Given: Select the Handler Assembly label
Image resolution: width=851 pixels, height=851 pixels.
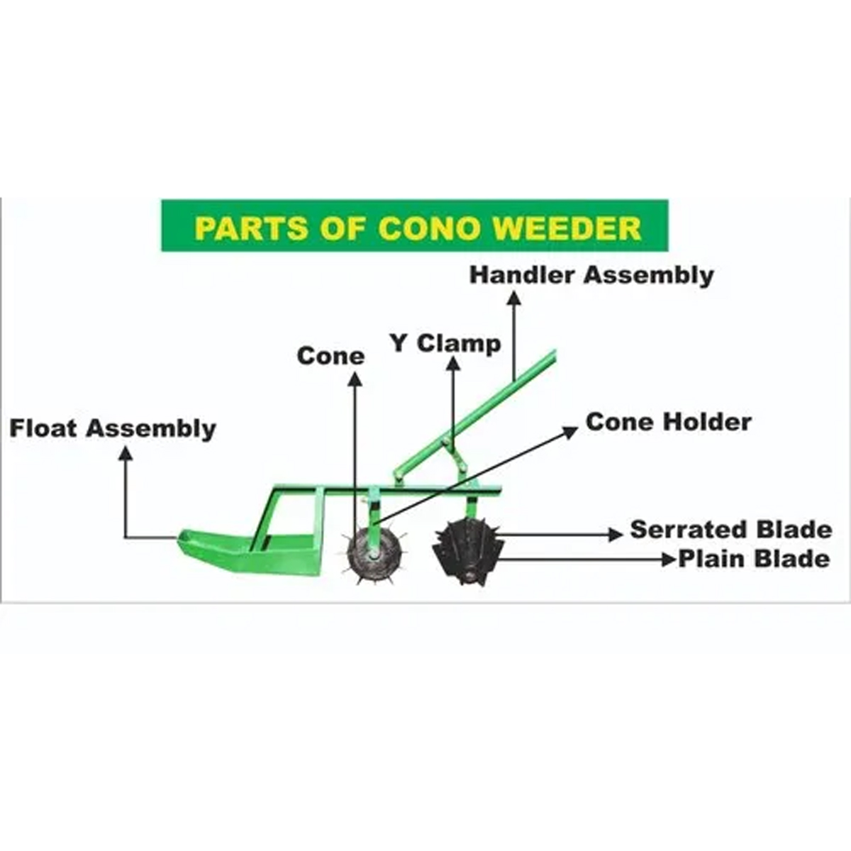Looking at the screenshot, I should click(591, 275).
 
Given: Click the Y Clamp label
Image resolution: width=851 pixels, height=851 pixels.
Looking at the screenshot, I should click(445, 343).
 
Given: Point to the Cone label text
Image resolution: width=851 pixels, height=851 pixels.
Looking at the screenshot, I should click(330, 355).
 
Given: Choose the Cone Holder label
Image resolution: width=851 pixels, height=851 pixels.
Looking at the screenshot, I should click(668, 422).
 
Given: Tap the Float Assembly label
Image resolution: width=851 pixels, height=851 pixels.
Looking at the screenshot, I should click(113, 428).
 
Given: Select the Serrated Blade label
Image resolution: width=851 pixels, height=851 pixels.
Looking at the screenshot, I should click(730, 530).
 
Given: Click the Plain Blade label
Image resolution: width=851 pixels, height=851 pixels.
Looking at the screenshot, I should click(754, 559).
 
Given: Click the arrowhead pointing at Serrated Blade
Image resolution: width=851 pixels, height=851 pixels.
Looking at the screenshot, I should click(616, 534).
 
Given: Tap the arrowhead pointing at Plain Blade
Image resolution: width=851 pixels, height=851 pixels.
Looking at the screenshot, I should click(668, 560).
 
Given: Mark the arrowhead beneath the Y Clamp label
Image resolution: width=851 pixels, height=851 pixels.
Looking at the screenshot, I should click(453, 364).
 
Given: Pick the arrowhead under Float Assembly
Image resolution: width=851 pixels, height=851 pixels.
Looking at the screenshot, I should click(126, 452).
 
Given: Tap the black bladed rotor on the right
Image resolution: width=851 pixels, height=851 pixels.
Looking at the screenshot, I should click(467, 551).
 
